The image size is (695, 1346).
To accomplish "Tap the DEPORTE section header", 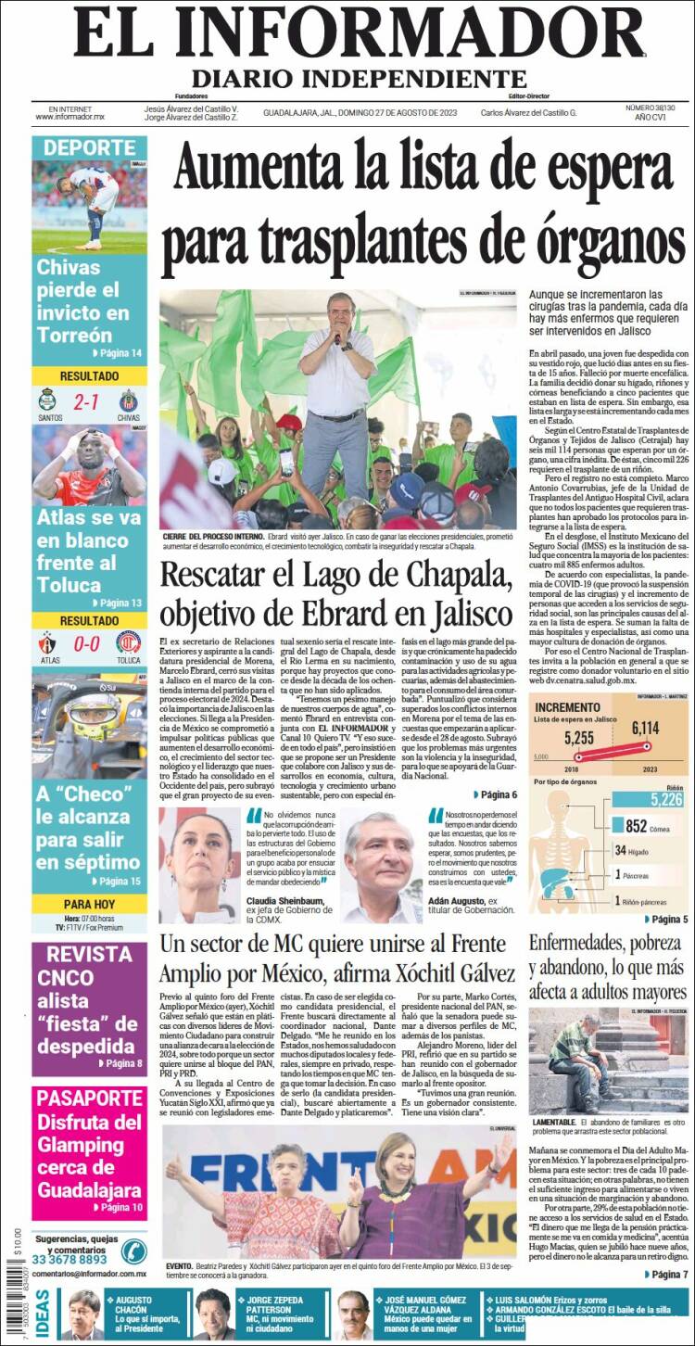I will pyautogui.click(x=89, y=148).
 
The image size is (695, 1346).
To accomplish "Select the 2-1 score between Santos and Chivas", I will pyautogui.click(x=88, y=403).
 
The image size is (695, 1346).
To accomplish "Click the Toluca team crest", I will pyautogui.click(x=128, y=642).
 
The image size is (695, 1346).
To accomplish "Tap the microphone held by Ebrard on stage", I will pyautogui.click(x=338, y=340).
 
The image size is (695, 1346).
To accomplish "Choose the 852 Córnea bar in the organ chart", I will pyautogui.click(x=636, y=826).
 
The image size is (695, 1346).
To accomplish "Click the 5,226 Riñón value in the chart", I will pyautogui.click(x=665, y=800).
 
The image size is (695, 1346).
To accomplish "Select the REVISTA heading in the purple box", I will pyautogui.click(x=89, y=955).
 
